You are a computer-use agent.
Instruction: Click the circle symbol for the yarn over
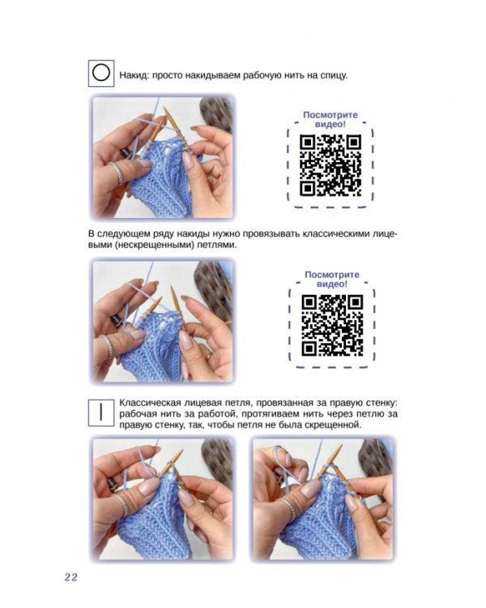click(100, 73)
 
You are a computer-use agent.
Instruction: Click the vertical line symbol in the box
click(100, 412)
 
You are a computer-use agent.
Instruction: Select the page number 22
click(71, 577)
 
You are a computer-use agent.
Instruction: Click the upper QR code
click(330, 165)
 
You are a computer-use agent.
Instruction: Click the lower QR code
click(332, 326)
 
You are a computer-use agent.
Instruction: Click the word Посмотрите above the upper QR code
click(330, 115)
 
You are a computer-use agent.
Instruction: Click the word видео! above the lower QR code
click(332, 285)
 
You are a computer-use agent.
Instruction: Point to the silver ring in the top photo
click(117, 173)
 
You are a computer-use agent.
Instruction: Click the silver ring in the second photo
click(108, 346)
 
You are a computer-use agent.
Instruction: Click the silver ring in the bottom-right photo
click(288, 508)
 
